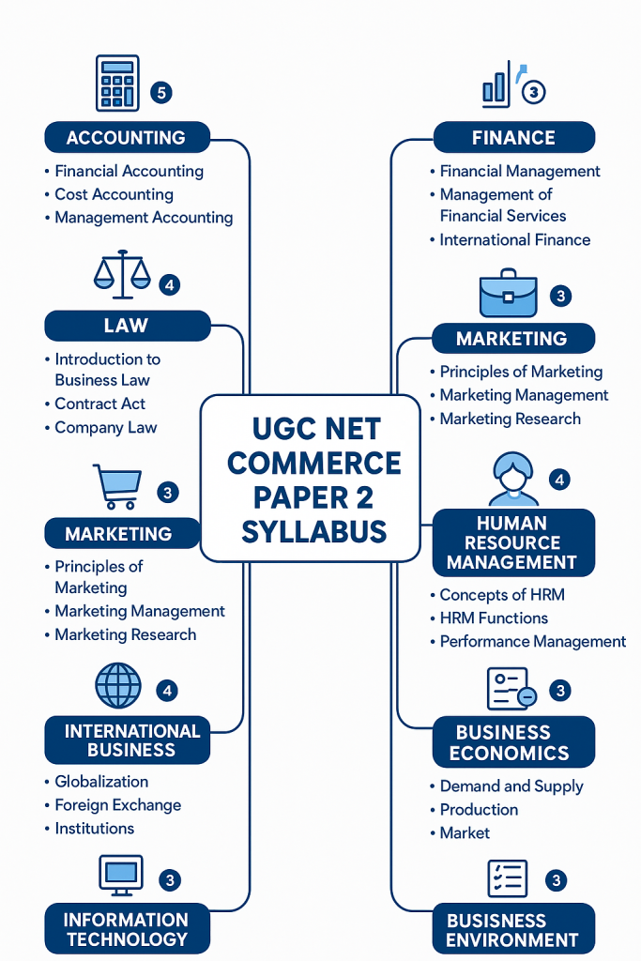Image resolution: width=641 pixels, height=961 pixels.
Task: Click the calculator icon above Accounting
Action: coord(118,84)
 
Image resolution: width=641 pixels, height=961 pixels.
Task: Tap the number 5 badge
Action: coord(161,93)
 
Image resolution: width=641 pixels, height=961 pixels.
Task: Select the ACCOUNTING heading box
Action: coord(126,138)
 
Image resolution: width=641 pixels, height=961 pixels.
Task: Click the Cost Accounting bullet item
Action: coord(114,194)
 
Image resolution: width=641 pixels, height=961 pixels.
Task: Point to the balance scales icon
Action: coord(122,272)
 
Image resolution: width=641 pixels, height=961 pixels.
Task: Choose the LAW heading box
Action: coord(126,326)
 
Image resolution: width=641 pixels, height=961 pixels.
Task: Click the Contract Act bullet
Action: coord(99,404)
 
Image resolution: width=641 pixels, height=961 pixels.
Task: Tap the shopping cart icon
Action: coord(117,486)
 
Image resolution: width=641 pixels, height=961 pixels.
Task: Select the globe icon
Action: coord(118,686)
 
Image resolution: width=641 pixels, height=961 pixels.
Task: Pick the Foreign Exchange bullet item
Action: coord(117,804)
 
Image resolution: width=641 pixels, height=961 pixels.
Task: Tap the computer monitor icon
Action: coord(121,875)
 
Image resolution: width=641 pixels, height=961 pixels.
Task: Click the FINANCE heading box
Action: coord(513,138)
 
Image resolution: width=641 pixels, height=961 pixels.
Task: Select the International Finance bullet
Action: coord(515,239)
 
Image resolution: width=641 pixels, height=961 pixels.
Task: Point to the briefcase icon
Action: coord(508,296)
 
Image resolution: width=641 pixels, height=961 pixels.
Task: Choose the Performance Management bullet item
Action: coord(532,641)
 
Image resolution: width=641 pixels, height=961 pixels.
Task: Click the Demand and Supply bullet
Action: coord(511,786)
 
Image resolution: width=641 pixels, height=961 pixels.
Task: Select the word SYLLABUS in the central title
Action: coord(313,531)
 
